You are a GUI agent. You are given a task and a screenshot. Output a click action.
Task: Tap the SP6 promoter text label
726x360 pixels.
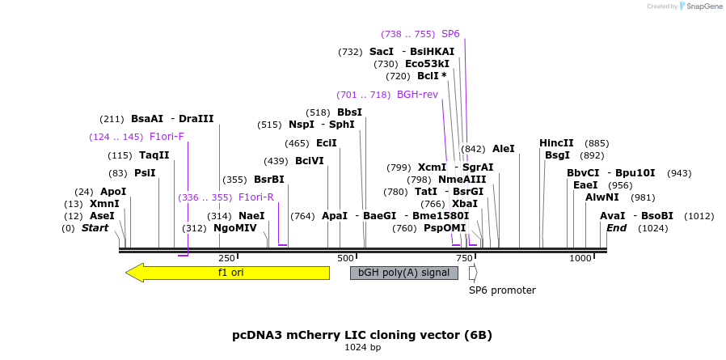coord(502,290)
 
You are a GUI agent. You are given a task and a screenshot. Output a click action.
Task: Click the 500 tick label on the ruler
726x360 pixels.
coord(345,258)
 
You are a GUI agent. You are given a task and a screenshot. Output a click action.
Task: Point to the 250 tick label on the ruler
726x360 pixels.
coord(226,258)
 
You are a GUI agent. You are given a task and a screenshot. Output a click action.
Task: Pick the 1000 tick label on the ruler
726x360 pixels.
coord(580,258)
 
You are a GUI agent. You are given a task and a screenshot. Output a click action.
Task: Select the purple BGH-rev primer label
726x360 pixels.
coord(417,95)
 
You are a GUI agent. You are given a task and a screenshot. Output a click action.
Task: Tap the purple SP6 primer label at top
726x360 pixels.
coord(450,34)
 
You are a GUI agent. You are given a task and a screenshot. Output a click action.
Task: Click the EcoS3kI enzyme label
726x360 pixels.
coord(427,64)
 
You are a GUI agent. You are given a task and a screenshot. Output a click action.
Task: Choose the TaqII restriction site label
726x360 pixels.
coord(154,155)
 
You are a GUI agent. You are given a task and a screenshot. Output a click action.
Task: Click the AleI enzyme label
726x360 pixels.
coord(503,149)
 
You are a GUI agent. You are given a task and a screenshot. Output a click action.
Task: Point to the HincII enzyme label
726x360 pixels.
coord(556,143)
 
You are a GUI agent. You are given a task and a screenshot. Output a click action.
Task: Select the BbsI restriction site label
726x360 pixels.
coord(349,112)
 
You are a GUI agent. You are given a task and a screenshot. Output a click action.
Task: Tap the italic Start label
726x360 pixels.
coord(95,228)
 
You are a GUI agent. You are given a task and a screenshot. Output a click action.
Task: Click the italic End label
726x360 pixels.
coord(616,228)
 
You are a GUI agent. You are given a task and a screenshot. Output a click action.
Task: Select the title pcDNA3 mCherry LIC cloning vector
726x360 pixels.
coord(362,335)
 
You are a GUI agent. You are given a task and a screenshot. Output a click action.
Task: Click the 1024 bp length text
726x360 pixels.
coord(362,348)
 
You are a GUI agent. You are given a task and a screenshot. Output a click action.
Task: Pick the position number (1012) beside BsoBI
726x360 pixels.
coord(699,216)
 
